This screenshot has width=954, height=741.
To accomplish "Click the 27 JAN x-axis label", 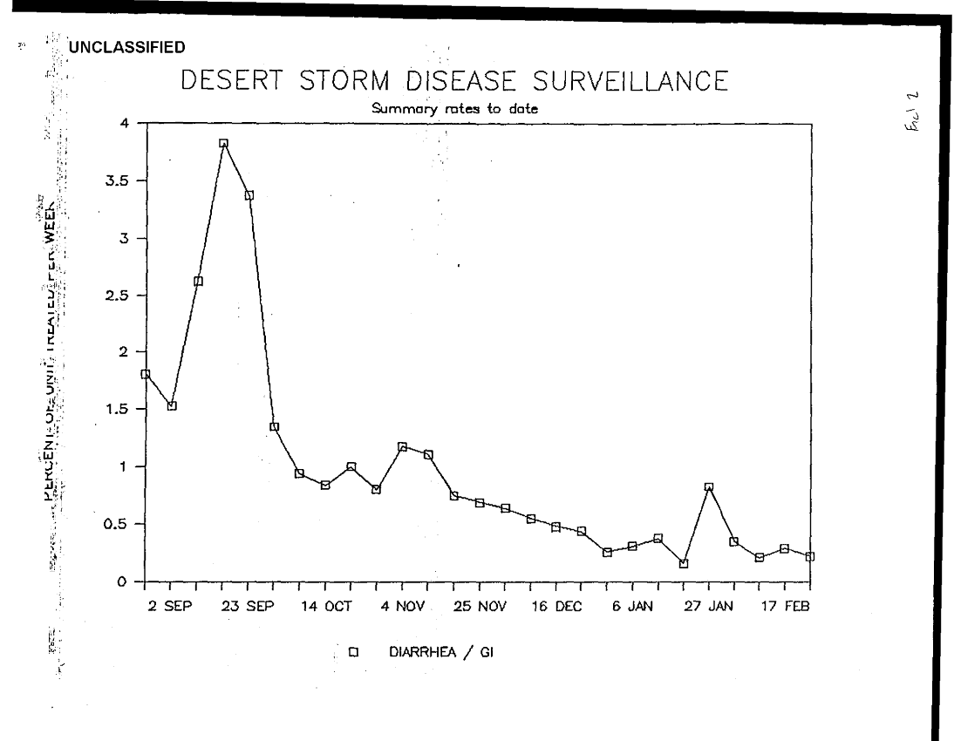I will [x=709, y=606].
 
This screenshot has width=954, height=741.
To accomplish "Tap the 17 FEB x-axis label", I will [x=784, y=606].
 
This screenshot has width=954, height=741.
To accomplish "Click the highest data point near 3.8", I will [x=223, y=143].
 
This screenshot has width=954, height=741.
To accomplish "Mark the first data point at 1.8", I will [x=146, y=374].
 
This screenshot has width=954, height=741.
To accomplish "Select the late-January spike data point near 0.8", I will [x=709, y=487].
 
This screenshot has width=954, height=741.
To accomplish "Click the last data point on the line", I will [x=810, y=556].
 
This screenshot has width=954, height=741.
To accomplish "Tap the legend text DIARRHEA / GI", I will [x=440, y=650].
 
